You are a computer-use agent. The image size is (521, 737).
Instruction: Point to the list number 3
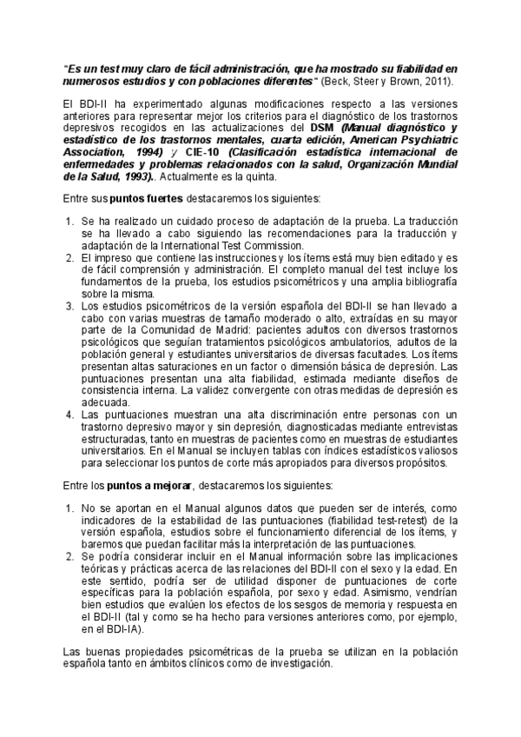(71, 307)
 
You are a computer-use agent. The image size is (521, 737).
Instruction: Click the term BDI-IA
(127, 628)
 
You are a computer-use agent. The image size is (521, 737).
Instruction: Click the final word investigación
(296, 662)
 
